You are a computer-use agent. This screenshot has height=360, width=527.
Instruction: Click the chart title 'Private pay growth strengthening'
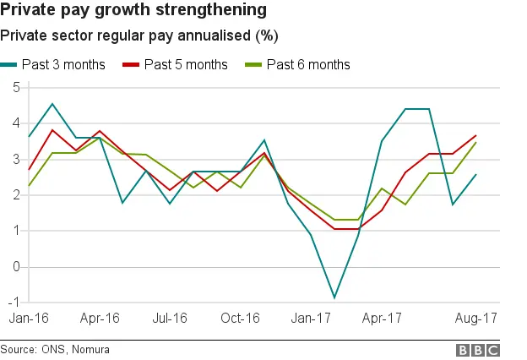pos(134,11)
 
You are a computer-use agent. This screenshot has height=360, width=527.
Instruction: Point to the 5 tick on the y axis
pos(16,87)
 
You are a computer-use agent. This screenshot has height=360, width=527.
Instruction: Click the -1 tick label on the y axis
pos(14,302)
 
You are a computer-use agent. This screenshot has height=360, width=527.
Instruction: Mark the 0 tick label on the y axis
pos(16,266)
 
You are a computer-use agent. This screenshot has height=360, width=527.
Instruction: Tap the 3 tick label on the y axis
pos(16,159)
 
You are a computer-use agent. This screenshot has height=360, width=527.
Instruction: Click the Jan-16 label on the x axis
pos(29,319)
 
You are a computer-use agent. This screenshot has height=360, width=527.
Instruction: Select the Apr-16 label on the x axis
pos(100,319)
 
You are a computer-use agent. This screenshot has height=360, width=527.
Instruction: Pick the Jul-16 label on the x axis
pos(171,319)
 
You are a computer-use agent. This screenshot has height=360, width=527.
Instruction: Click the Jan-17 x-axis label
pos(312,319)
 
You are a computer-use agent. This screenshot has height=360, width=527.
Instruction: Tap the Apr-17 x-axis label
pos(382,319)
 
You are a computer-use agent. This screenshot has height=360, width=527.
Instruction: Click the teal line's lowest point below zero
pos(335,297)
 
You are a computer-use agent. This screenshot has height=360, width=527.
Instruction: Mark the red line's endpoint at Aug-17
pos(476,135)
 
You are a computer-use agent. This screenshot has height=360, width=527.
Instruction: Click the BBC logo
pos(478,350)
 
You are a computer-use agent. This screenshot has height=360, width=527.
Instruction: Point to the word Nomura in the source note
pos(90,349)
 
